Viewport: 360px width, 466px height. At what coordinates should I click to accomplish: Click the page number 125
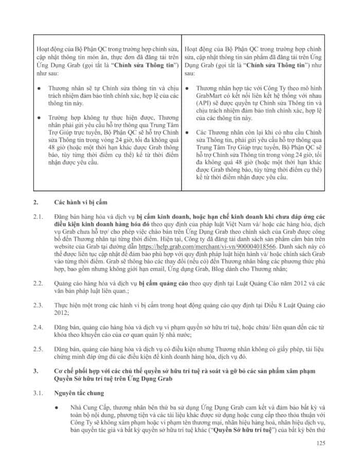320,443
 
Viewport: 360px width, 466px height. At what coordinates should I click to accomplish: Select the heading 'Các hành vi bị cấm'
83,203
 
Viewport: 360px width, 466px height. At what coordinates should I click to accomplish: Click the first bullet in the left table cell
39,88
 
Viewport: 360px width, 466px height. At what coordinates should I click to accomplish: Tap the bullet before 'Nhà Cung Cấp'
61,407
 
